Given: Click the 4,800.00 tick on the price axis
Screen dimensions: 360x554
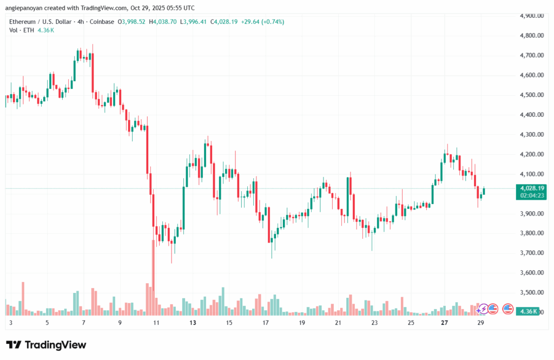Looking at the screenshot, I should (x=528, y=36).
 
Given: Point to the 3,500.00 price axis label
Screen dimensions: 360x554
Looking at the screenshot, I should (x=528, y=293).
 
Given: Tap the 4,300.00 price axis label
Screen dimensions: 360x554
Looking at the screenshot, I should (x=528, y=135).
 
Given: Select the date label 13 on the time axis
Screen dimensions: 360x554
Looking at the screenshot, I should (x=193, y=323).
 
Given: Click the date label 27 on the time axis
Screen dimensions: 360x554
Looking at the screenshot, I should (x=444, y=323).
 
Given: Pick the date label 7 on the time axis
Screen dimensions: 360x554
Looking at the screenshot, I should (x=83, y=323).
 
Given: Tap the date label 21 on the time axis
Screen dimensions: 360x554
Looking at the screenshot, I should (x=338, y=323).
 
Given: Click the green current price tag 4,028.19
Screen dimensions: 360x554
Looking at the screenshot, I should (x=532, y=188).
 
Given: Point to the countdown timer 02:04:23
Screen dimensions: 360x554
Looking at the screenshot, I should (x=532, y=195).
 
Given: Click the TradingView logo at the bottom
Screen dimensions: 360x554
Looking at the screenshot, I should (x=46, y=345).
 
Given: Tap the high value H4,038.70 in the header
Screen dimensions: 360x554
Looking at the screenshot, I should (x=164, y=22).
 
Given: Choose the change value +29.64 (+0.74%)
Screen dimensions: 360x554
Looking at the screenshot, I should (x=262, y=22).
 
